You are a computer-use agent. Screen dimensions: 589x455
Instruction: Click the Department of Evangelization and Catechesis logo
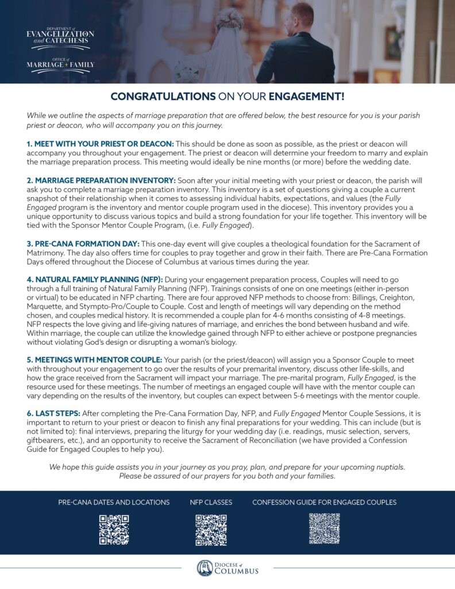(x=60, y=36)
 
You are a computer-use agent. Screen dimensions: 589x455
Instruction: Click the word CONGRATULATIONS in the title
(x=163, y=96)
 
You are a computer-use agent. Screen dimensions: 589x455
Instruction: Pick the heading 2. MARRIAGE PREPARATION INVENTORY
(x=101, y=180)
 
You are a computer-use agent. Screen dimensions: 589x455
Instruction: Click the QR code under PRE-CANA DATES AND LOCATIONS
(x=114, y=529)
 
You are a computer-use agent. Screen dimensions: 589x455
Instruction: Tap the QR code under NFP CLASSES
(x=211, y=529)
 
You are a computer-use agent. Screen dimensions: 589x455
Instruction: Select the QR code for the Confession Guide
(x=324, y=528)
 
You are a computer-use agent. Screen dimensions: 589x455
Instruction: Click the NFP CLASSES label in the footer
(x=211, y=502)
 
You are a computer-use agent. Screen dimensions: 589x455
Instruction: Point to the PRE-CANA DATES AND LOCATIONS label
(x=114, y=502)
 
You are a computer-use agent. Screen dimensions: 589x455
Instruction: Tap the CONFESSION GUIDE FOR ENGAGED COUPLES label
(x=324, y=502)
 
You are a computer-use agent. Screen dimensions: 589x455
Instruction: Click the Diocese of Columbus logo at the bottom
(x=227, y=568)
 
